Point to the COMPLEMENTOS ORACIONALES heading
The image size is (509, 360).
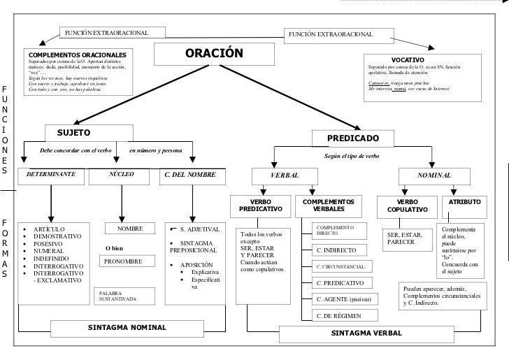coord(78,54)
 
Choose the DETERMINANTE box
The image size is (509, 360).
coord(51,175)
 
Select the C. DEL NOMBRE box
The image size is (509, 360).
coord(189,175)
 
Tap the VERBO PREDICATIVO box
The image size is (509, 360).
coord(261,206)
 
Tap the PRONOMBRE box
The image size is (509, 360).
coord(123,261)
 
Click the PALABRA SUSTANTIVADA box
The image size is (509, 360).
coord(119,296)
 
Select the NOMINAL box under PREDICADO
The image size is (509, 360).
coord(434,175)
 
